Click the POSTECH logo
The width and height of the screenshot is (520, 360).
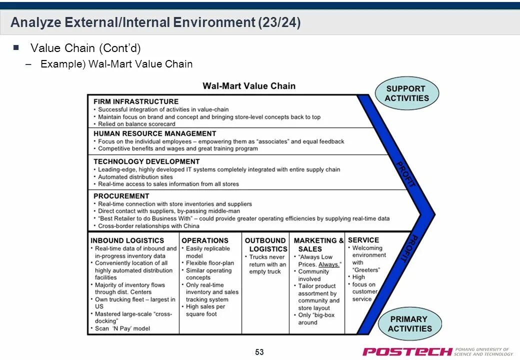(407, 351)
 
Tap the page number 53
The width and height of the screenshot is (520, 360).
(259, 352)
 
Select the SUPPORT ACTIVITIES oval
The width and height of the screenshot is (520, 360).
(407, 93)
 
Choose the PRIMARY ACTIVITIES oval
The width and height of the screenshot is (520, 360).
(409, 324)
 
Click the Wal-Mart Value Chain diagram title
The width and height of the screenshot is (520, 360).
(248, 86)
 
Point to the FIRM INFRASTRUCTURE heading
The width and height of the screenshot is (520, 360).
(135, 101)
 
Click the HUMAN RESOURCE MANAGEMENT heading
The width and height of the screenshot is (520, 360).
(154, 133)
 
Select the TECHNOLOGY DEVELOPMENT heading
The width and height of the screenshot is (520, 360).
(146, 161)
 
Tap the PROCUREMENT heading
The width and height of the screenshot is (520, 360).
(121, 196)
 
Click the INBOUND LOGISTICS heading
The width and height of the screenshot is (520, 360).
(127, 240)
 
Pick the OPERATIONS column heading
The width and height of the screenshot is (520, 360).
(204, 240)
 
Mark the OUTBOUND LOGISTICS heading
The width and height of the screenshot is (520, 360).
(266, 244)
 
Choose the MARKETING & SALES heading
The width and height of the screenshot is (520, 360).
(318, 244)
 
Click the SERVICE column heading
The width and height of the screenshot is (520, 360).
(363, 240)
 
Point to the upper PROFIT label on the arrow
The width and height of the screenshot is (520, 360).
(406, 174)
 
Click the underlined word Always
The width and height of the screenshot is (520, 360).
(328, 264)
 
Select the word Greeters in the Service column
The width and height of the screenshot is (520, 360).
(366, 270)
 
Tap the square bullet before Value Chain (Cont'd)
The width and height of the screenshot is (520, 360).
(16, 48)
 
